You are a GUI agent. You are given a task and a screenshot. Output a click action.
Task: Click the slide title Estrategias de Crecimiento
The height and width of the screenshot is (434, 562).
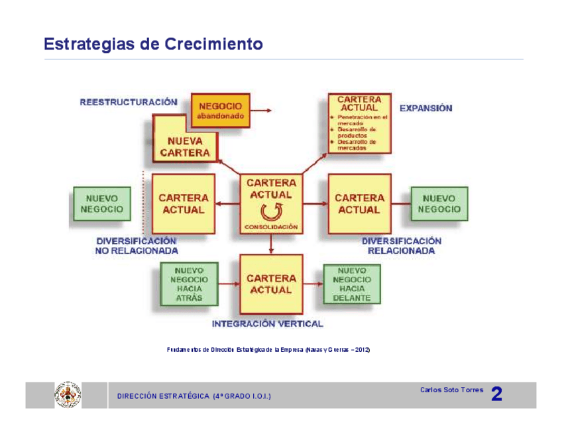point(153,44)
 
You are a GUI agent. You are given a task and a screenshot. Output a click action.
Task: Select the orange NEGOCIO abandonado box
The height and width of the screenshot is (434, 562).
point(221,110)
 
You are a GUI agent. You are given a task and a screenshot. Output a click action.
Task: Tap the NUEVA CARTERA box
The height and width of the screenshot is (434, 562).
point(185,146)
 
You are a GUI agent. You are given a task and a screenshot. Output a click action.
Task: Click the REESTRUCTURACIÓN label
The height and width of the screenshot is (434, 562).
point(129,102)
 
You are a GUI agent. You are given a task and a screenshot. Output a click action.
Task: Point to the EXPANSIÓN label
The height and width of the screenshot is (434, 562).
point(425,108)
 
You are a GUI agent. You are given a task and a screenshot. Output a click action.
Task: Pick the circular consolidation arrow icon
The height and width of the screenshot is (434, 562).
point(270,212)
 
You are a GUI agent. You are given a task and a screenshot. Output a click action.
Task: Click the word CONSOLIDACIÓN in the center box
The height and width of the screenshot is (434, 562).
point(271,227)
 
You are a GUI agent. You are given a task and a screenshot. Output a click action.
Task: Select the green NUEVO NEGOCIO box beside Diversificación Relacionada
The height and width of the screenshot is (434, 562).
point(439,203)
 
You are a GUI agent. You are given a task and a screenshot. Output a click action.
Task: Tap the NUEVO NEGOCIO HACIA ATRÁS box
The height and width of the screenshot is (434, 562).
point(189,284)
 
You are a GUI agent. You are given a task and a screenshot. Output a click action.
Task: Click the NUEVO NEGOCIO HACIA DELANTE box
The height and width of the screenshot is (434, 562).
point(351,284)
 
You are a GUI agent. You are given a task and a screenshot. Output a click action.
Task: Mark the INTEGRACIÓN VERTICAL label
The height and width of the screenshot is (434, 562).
point(268,324)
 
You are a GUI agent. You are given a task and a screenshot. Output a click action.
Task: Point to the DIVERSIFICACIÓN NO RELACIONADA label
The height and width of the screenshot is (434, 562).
point(137,246)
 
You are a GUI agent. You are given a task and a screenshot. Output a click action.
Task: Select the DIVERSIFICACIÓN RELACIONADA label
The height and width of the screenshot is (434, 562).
point(401,246)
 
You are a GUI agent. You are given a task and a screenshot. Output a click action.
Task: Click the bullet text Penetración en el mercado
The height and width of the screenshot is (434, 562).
point(359,120)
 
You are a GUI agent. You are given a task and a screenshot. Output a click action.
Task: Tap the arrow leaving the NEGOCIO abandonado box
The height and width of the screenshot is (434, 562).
point(263,111)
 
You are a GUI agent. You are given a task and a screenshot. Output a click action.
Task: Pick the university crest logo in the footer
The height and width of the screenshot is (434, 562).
point(67,394)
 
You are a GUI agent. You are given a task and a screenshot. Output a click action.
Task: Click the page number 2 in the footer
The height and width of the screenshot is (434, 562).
point(496,395)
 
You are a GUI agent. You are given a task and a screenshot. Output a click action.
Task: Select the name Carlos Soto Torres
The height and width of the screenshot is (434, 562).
point(451,390)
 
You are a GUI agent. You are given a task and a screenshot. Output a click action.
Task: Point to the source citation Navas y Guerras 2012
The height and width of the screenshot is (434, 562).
point(268,349)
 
